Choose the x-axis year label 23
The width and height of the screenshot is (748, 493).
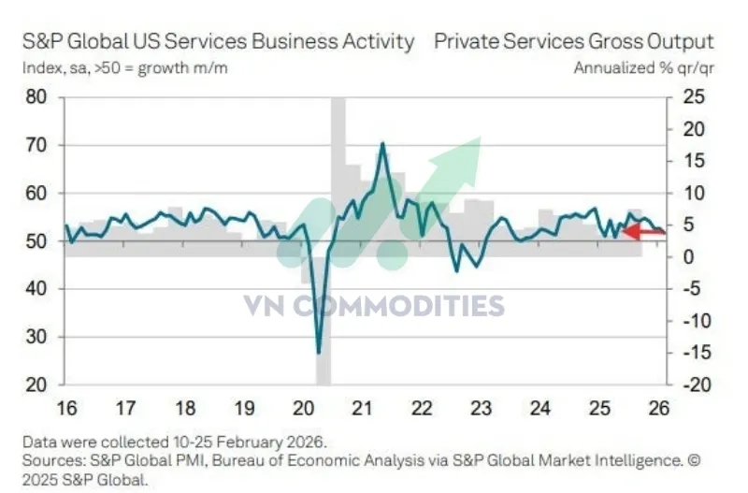[481, 408]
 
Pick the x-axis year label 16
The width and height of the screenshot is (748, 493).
[66, 408]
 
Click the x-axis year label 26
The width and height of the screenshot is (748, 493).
[656, 408]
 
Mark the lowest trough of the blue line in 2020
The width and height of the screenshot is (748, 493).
[319, 352]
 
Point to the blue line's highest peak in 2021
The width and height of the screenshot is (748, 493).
[382, 144]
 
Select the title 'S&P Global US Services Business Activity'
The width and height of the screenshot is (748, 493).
[216, 42]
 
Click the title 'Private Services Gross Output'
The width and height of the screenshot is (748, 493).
[573, 42]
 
